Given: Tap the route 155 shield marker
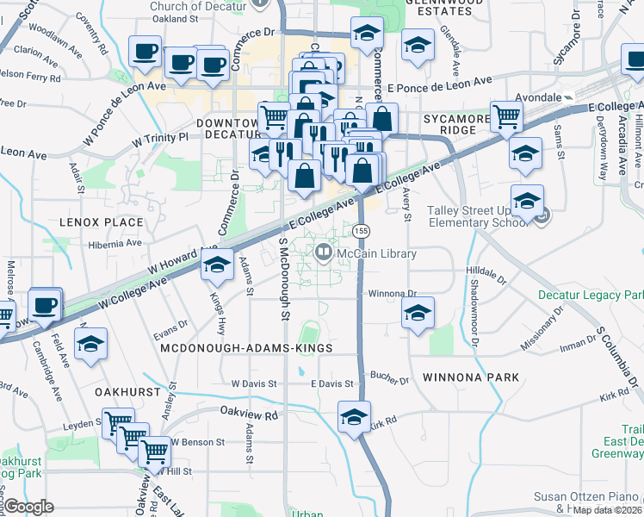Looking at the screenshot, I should click(362, 231).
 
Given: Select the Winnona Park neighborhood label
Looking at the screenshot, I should click(471, 377).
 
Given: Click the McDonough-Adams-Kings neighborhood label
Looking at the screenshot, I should click(246, 347).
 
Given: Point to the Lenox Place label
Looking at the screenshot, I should click(101, 222).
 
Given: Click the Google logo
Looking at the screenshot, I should click(28, 507).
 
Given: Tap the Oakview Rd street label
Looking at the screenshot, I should click(250, 414).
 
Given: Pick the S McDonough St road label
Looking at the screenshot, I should click(283, 277).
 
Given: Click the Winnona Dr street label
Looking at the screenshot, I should click(392, 293).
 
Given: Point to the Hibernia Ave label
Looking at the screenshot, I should click(115, 243).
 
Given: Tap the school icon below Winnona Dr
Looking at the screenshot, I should click(418, 314).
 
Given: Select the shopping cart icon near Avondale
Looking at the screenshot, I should click(506, 116).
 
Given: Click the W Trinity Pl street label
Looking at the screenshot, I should click(160, 138).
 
